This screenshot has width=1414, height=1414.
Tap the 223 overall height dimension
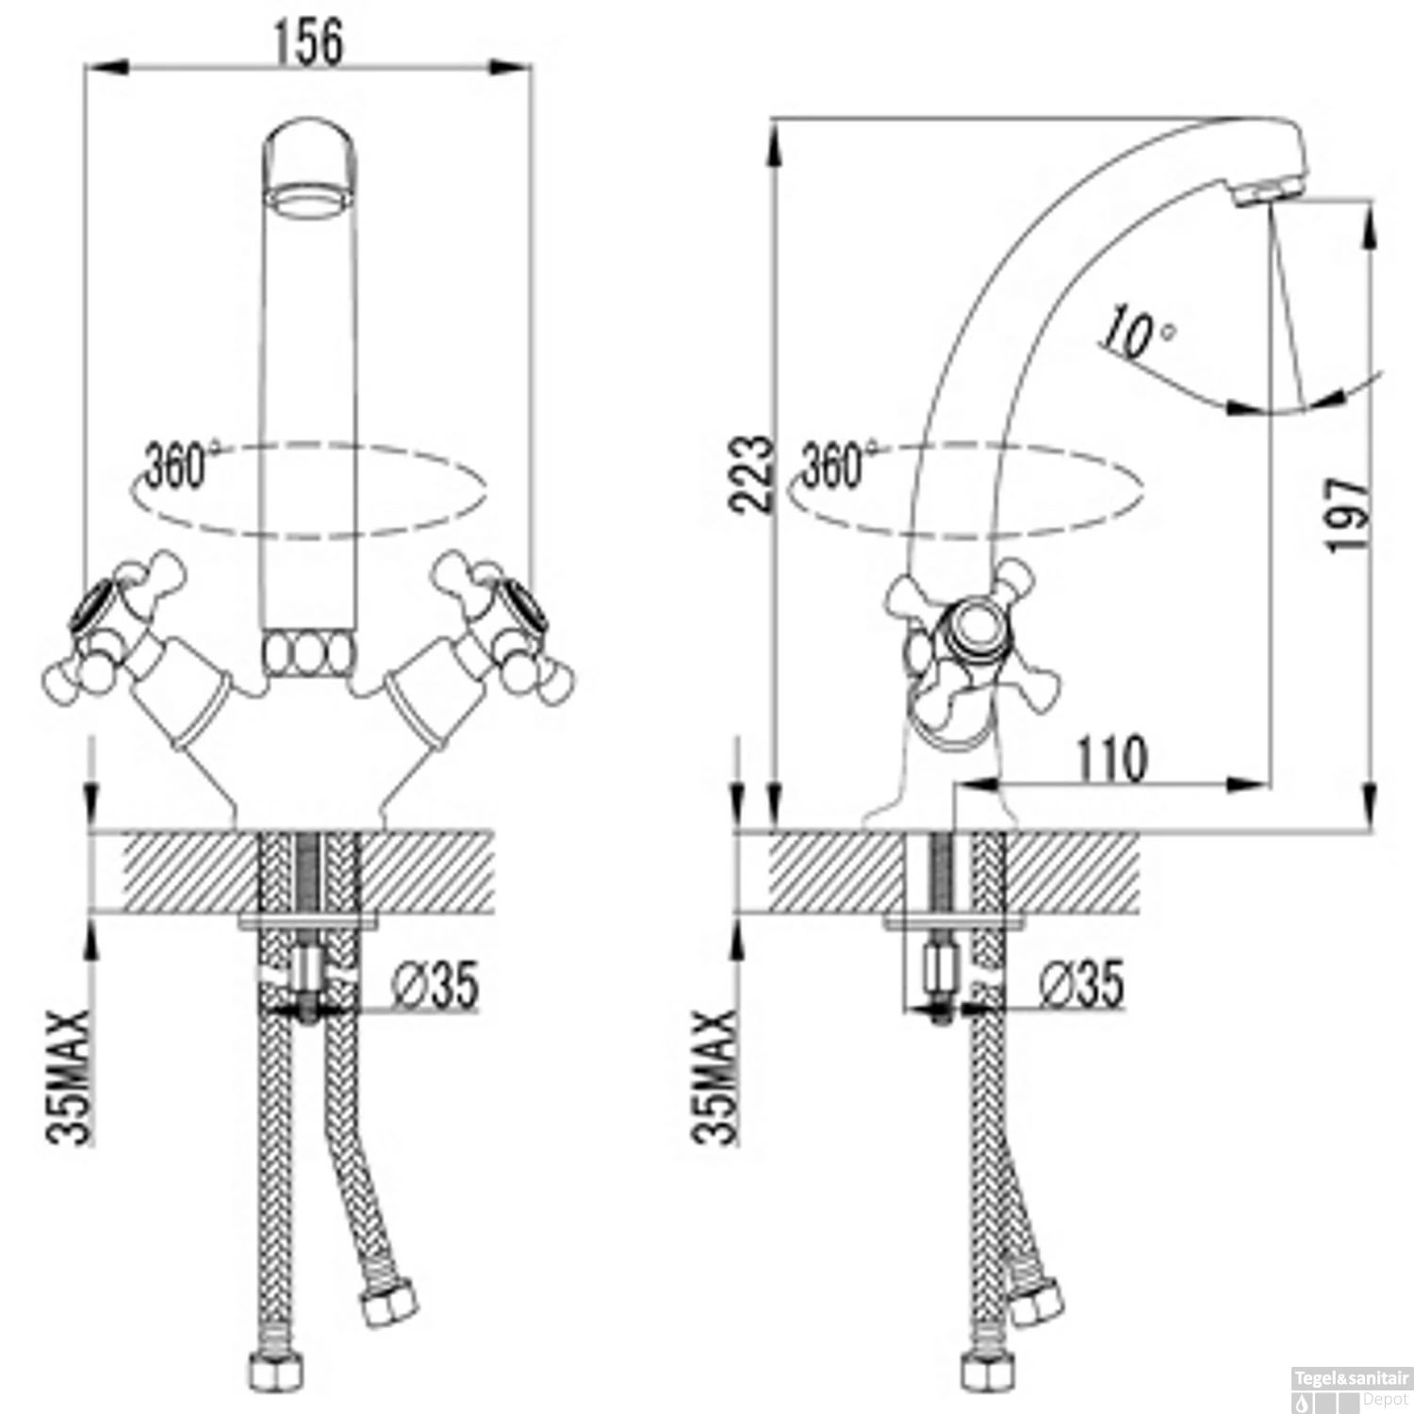click(752, 472)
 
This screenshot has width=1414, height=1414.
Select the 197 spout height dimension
click(1347, 516)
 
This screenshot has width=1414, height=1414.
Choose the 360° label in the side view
click(839, 464)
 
